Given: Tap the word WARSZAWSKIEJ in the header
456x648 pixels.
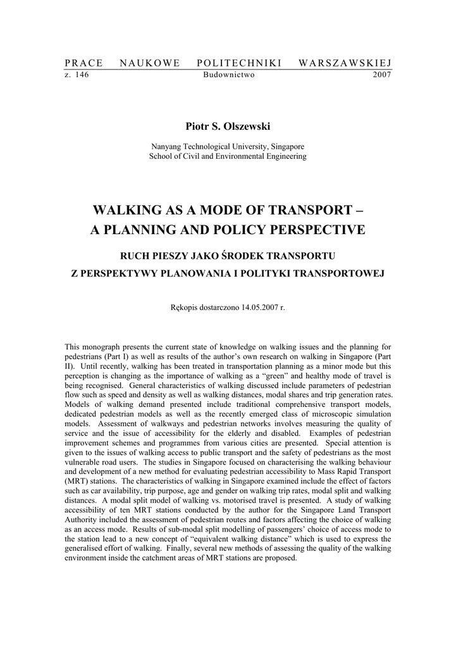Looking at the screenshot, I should point(345,63).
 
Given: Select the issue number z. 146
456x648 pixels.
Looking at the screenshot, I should point(77,74).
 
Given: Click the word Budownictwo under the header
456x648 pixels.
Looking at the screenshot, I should point(228,74).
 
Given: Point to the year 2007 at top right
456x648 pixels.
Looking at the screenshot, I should point(382,74).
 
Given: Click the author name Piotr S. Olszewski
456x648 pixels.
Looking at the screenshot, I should point(228,127).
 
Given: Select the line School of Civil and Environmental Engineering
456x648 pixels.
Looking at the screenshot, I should point(228,156).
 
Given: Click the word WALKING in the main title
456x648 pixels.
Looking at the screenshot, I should point(128,210).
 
